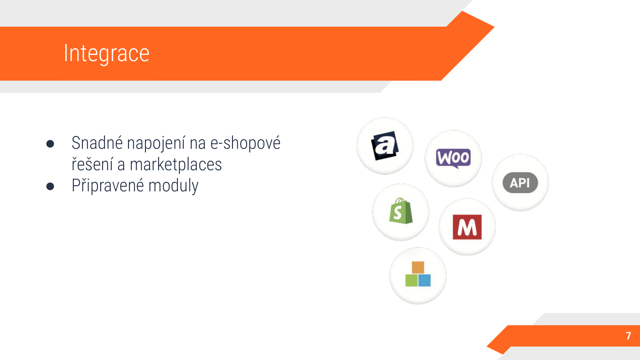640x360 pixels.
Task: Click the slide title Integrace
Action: tap(107, 53)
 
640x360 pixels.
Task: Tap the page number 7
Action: tap(628, 336)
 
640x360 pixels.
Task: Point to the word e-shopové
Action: tap(245, 143)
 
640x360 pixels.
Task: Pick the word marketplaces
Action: tap(176, 165)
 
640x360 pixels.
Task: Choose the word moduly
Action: tap(173, 186)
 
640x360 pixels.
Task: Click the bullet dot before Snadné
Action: tap(50, 144)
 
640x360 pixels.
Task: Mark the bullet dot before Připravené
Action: tap(50, 186)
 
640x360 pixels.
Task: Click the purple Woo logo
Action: tap(453, 158)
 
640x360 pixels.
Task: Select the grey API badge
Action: tap(520, 183)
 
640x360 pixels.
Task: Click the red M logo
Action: tap(467, 227)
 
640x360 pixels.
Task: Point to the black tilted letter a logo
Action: tap(385, 146)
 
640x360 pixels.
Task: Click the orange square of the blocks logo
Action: tap(418, 268)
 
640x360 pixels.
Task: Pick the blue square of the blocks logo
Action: tap(425, 280)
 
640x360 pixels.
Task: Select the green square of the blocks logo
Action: tap(412, 280)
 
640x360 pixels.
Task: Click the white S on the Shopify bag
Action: tap(398, 212)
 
